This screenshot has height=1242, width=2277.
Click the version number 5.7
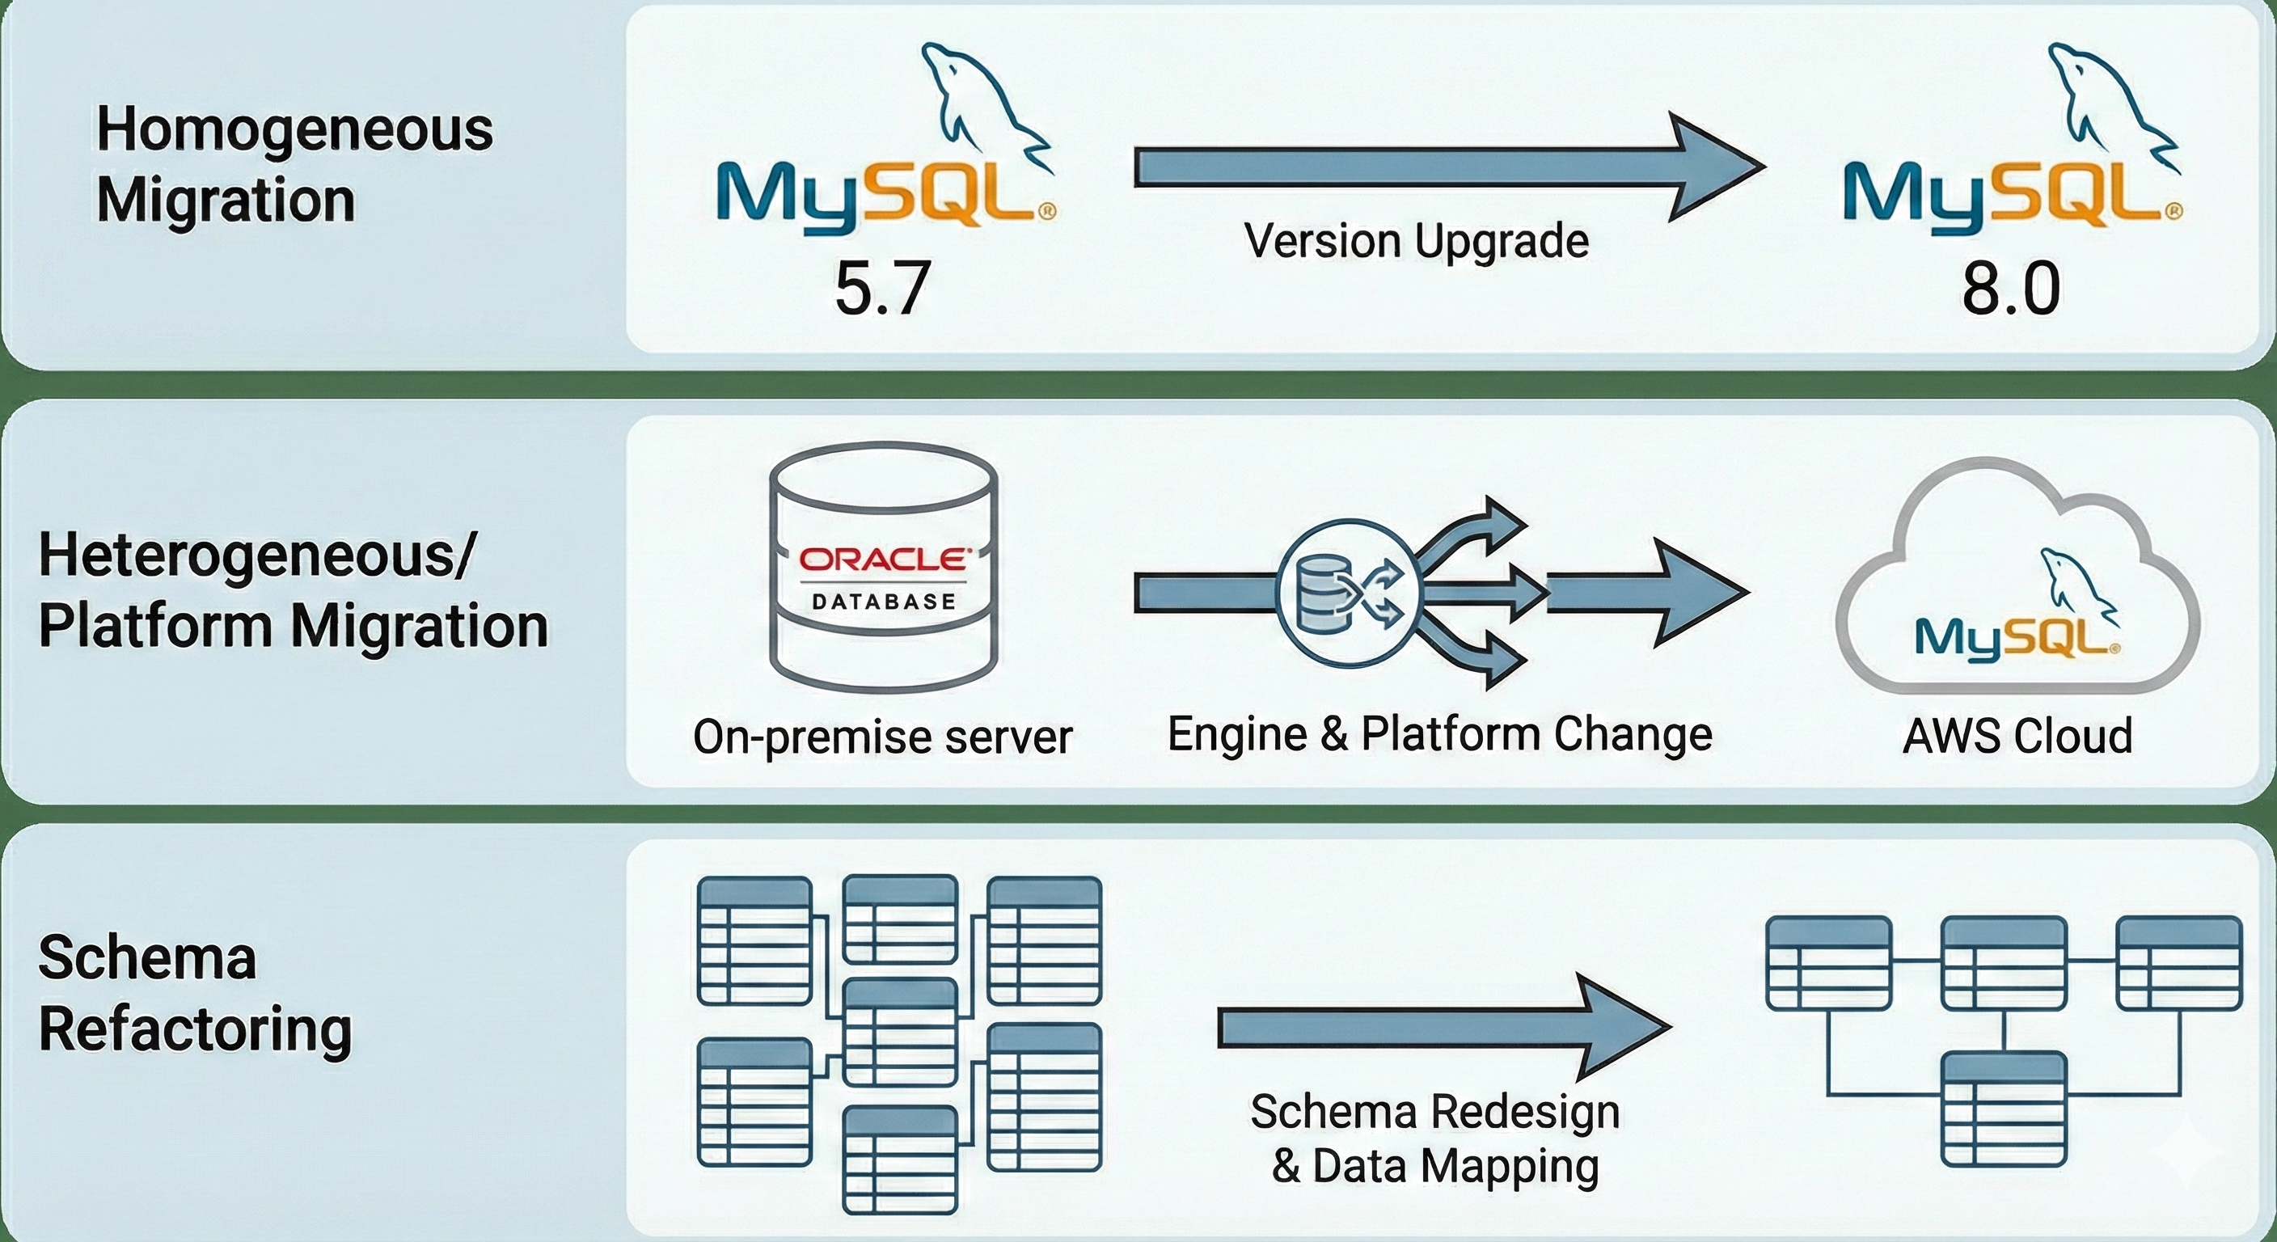[883, 289]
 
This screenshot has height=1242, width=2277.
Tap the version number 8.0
[2011, 289]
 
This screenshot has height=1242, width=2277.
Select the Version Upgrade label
[1416, 240]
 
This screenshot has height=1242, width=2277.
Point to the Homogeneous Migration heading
[294, 164]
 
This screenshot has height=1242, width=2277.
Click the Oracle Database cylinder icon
[884, 566]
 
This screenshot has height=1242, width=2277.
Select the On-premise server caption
[882, 737]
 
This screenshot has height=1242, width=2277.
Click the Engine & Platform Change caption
[1439, 733]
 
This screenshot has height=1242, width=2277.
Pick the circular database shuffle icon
[1348, 591]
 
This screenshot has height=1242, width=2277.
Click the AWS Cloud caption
[2017, 737]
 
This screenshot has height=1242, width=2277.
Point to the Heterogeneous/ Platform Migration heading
[293, 590]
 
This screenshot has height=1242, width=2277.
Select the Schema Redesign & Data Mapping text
[1434, 1138]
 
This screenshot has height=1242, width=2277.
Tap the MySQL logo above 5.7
[884, 190]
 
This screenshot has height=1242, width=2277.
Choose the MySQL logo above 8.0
[2011, 190]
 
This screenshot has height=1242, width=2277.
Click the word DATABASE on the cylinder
[884, 602]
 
